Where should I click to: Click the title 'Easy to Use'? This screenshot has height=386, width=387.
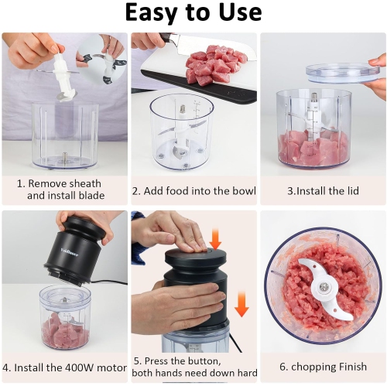coord(193,13)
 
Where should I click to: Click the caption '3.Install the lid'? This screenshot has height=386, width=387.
coord(323,190)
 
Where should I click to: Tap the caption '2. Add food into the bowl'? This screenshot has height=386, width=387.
coord(193,190)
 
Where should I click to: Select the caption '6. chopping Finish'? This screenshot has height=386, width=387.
coord(323,367)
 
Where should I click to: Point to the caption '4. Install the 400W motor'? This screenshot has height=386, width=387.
coord(64,367)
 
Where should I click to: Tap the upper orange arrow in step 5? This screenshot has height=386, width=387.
coord(215,239)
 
